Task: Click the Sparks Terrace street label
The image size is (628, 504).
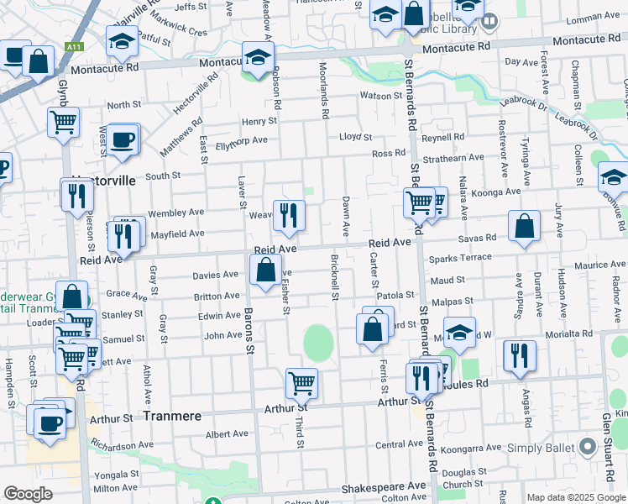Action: click(460, 258)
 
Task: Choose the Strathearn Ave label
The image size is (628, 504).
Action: click(454, 157)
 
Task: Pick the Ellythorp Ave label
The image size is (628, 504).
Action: click(242, 140)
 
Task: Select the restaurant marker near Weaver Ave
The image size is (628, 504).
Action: click(289, 215)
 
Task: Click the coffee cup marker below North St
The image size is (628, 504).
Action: click(123, 139)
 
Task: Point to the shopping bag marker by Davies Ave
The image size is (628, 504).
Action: click(265, 270)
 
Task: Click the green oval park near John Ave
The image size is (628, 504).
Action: click(319, 342)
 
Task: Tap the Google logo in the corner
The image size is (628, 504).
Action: click(29, 494)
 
